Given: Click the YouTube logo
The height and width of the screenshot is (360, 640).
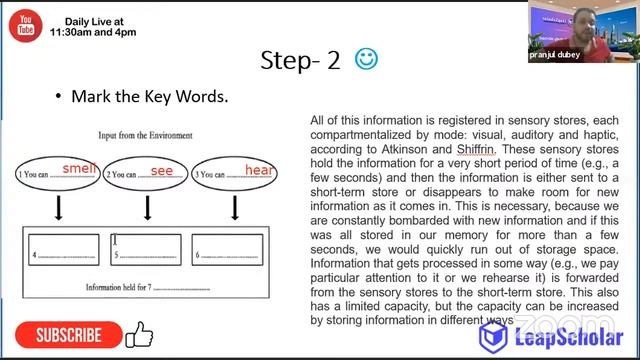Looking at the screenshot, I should (x=24, y=25).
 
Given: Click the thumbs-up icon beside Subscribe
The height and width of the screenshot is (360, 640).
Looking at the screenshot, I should (x=138, y=334).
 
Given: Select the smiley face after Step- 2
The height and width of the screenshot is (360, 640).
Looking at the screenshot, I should (x=366, y=60).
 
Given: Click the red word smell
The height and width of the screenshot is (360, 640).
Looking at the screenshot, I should (x=79, y=168).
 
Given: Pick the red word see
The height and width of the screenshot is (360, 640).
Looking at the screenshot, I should (x=162, y=170).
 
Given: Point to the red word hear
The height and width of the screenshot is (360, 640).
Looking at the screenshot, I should (x=259, y=170).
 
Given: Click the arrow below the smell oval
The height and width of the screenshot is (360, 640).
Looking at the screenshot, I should (x=59, y=207).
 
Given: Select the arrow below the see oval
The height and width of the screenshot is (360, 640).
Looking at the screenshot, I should (x=148, y=207).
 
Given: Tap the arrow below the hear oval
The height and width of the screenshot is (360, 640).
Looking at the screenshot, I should (x=234, y=207).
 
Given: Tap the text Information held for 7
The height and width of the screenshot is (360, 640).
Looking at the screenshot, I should (x=118, y=287).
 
